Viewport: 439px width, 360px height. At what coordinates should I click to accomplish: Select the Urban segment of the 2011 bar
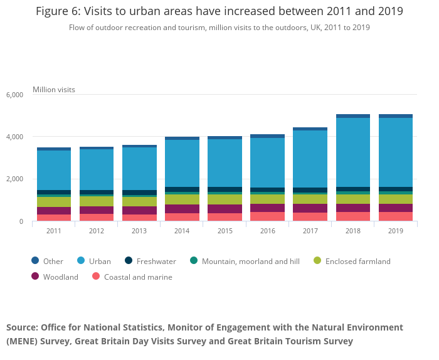point(54,170)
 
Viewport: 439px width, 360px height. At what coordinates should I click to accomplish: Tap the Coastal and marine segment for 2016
point(267,216)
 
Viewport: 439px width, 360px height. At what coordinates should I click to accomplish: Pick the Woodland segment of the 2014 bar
point(182,209)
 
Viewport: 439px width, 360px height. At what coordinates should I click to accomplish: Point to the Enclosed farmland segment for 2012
point(97,201)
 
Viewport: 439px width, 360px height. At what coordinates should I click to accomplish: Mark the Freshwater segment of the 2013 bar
point(139,193)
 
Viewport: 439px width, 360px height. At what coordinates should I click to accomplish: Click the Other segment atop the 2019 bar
point(395,116)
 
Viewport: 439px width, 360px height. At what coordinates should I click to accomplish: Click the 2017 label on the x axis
point(310,231)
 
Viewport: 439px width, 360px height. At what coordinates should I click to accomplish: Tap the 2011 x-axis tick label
point(54,231)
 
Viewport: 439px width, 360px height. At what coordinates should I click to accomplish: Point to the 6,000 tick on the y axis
point(14,95)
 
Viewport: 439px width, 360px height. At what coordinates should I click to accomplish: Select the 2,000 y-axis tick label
point(14,179)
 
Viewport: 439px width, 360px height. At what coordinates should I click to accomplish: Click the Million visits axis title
point(54,90)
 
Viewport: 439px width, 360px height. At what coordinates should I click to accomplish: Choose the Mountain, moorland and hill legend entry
point(246,262)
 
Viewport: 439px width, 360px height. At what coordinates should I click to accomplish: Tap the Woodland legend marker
point(35,277)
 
